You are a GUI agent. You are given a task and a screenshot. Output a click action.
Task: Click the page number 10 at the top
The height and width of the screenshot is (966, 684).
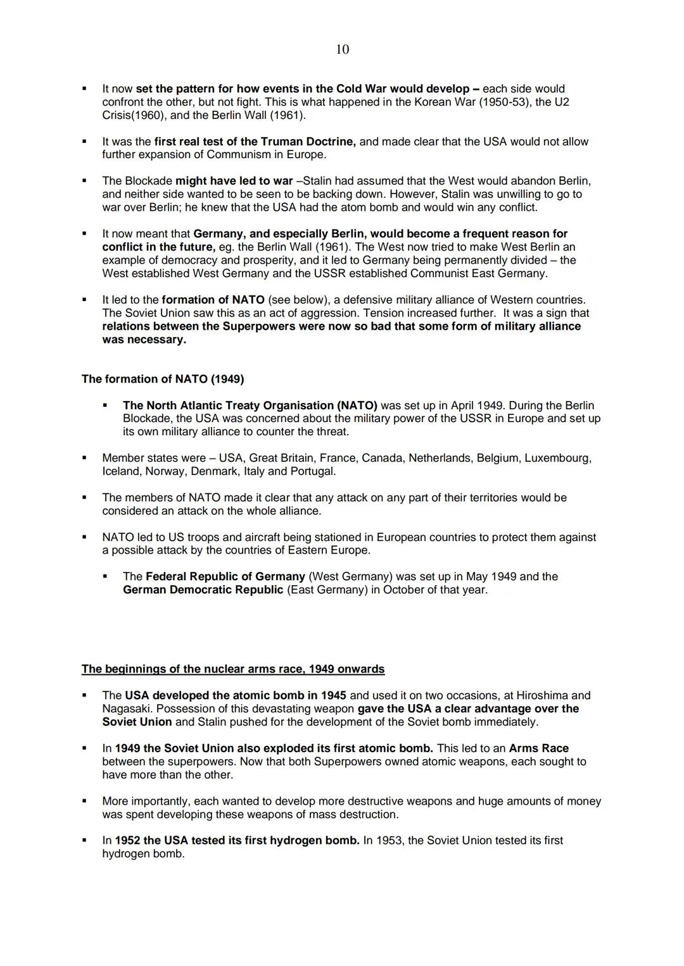(x=342, y=49)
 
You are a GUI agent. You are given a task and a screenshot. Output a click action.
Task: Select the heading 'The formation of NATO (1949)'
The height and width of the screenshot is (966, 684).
(x=163, y=379)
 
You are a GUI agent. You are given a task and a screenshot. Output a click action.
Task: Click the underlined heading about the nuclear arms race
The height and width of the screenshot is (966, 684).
(x=233, y=669)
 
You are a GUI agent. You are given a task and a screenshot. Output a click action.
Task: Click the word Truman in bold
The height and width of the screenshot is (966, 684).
(x=282, y=142)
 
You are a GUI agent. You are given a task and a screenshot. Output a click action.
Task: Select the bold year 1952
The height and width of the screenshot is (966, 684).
(x=128, y=841)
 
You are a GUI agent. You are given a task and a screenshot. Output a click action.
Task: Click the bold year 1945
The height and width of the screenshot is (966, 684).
(x=334, y=695)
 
